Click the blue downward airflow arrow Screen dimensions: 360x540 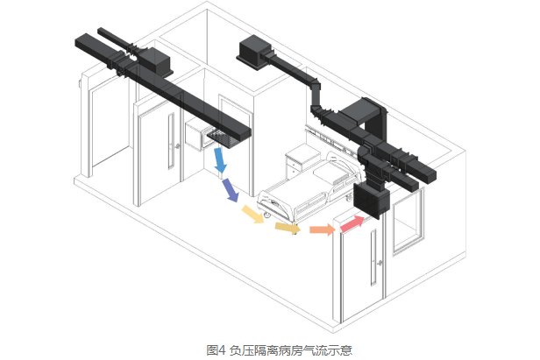coord(220,161)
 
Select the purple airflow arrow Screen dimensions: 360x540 coord(231,189)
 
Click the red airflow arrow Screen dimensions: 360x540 coord(352,224)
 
